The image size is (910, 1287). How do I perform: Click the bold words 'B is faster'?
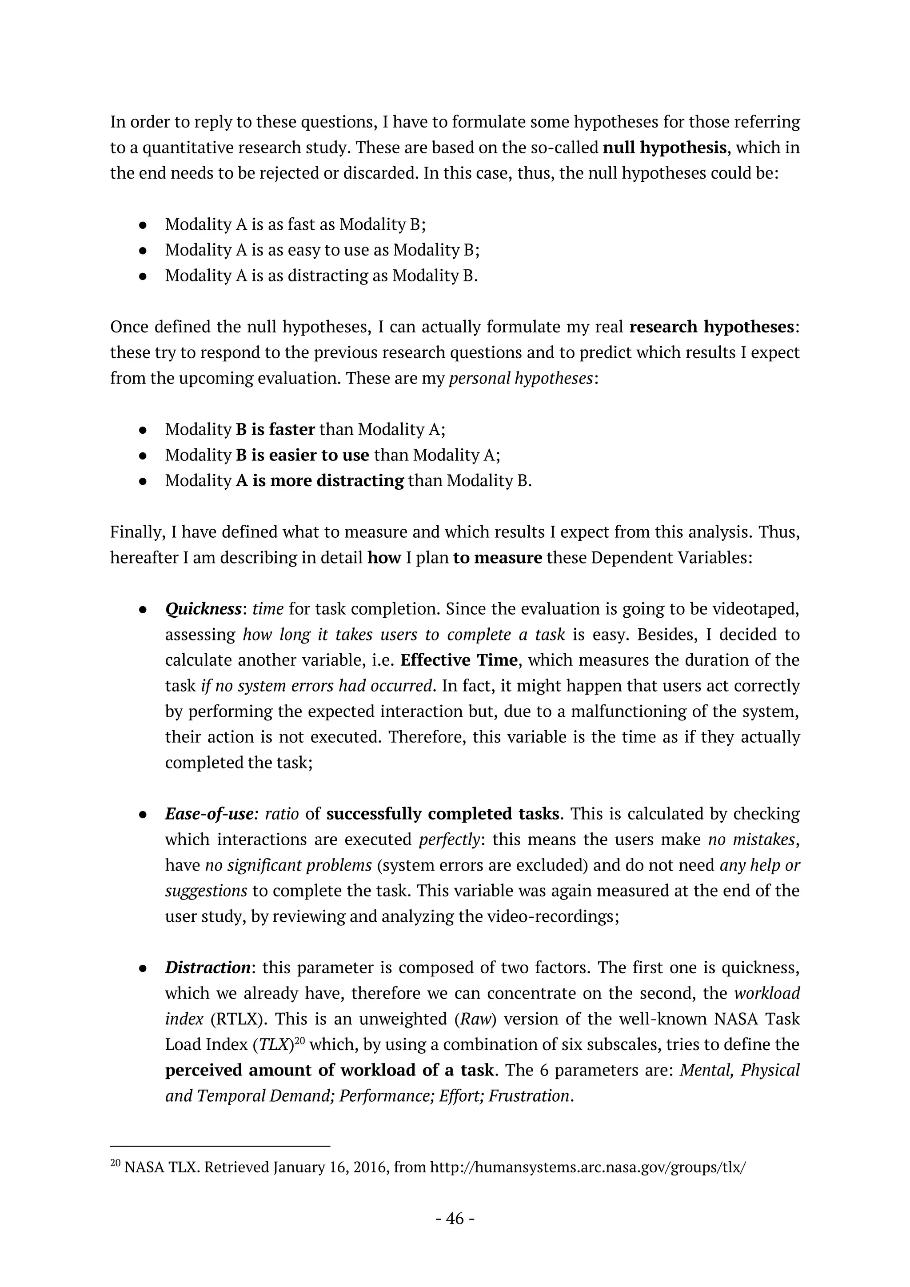[275, 429]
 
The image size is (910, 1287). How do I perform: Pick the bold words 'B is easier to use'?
[302, 455]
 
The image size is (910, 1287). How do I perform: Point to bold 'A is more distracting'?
[319, 480]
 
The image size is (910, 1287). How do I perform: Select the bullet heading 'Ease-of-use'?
[209, 814]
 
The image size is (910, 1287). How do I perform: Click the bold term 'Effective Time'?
[459, 660]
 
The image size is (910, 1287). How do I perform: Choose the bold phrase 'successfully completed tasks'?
[443, 814]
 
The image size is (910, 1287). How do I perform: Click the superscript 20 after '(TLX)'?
[299, 1041]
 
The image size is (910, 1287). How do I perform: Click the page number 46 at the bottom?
[455, 1219]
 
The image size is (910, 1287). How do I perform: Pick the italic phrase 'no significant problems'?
[288, 865]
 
